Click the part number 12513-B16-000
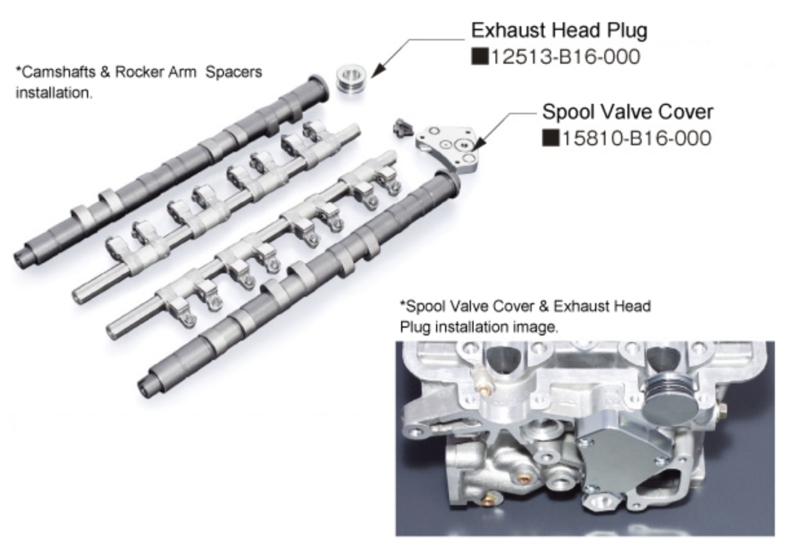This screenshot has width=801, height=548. pyautogui.click(x=565, y=57)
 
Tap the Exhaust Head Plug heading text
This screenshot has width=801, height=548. pyautogui.click(x=559, y=31)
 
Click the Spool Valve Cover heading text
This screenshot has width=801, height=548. pyautogui.click(x=627, y=111)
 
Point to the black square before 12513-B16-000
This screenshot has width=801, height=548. pyautogui.click(x=478, y=57)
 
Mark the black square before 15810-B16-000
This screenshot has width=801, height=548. pyautogui.click(x=549, y=139)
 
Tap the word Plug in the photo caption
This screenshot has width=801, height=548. pyautogui.click(x=415, y=327)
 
